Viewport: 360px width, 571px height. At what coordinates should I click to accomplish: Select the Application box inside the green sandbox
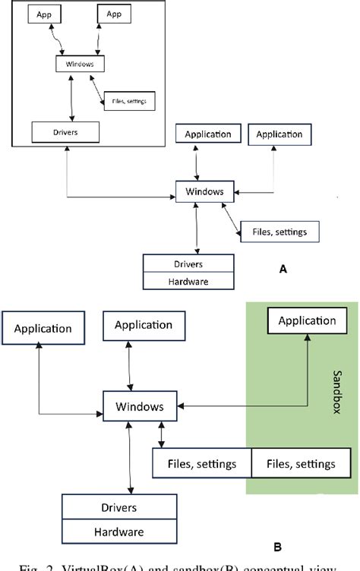(307, 321)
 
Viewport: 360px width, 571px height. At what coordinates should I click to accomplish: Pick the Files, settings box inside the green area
(302, 464)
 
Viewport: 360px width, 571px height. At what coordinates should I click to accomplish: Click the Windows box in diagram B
(140, 406)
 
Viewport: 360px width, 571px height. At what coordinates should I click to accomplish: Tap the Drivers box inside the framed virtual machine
(66, 132)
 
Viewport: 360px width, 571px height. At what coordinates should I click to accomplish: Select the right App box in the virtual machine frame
(115, 14)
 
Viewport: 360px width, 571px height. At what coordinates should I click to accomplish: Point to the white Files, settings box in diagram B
(201, 464)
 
